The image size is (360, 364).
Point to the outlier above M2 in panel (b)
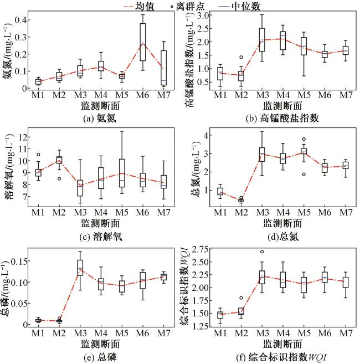point(241,57)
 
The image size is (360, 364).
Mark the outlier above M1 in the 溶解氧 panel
point(38,155)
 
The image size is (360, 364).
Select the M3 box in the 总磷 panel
point(80,268)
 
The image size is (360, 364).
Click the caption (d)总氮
point(275,236)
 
